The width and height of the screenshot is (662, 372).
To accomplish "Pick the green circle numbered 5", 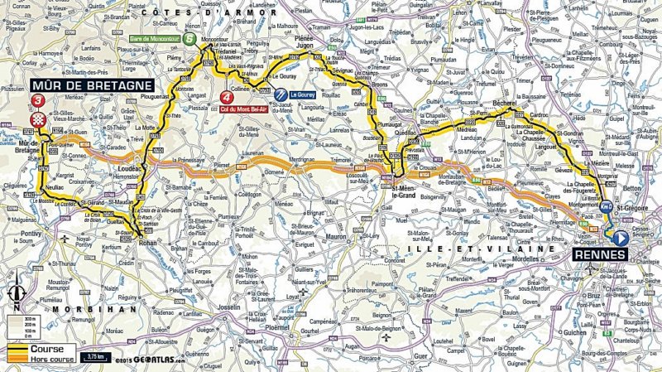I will [192, 38].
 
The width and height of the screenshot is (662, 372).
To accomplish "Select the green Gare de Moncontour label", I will [156, 38].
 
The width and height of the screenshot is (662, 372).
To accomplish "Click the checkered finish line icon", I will [37, 121].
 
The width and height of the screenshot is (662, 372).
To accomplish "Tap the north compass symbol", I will [16, 293].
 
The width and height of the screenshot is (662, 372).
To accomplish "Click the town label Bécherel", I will [504, 104].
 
